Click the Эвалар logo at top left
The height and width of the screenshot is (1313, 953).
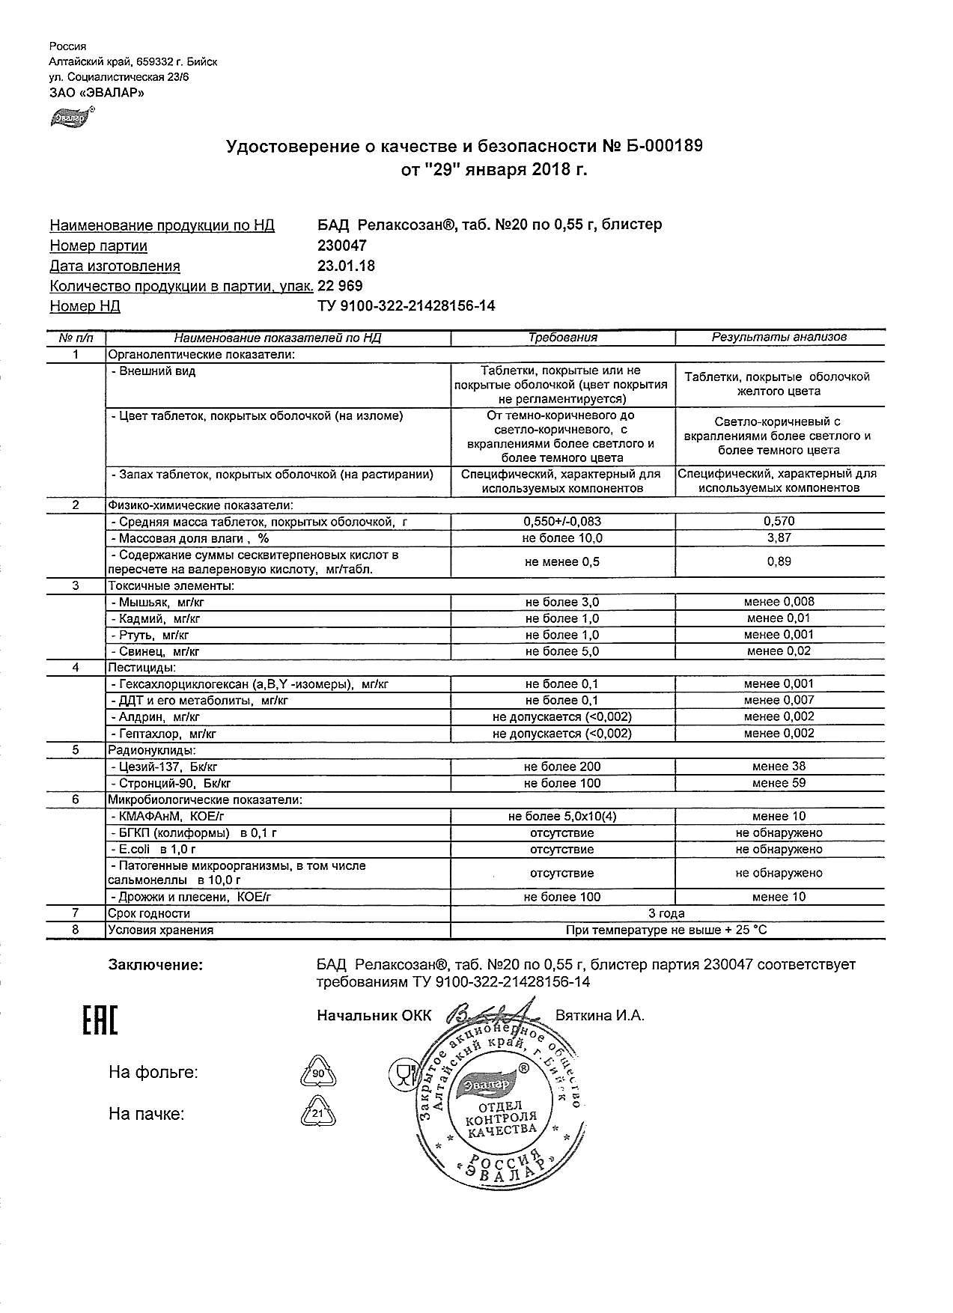pyautogui.click(x=71, y=117)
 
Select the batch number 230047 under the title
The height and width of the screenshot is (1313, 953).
pyautogui.click(x=343, y=246)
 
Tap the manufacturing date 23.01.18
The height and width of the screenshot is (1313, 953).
pyautogui.click(x=347, y=266)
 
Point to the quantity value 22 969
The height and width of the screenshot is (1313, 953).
pyautogui.click(x=341, y=286)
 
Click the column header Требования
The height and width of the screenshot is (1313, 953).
pyautogui.click(x=562, y=338)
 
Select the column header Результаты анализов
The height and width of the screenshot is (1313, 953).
pyautogui.click(x=779, y=338)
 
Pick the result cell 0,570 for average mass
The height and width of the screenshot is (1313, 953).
pyautogui.click(x=779, y=522)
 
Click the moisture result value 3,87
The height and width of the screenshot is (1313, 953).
pyautogui.click(x=779, y=538)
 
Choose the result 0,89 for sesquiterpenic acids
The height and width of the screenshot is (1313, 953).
pyautogui.click(x=779, y=562)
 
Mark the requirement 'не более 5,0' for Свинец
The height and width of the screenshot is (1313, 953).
pyautogui.click(x=562, y=652)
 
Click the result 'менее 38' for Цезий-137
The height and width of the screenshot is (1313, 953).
pyautogui.click(x=779, y=767)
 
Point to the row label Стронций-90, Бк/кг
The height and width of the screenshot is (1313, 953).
pyautogui.click(x=171, y=784)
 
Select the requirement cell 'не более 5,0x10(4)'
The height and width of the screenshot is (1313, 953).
pyautogui.click(x=562, y=817)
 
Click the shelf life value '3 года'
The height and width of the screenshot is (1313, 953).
pyautogui.click(x=666, y=914)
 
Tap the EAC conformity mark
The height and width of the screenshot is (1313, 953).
pyautogui.click(x=100, y=1020)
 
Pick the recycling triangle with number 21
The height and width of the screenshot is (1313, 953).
pyautogui.click(x=317, y=1114)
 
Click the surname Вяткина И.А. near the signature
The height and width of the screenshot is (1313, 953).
pyautogui.click(x=600, y=1016)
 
